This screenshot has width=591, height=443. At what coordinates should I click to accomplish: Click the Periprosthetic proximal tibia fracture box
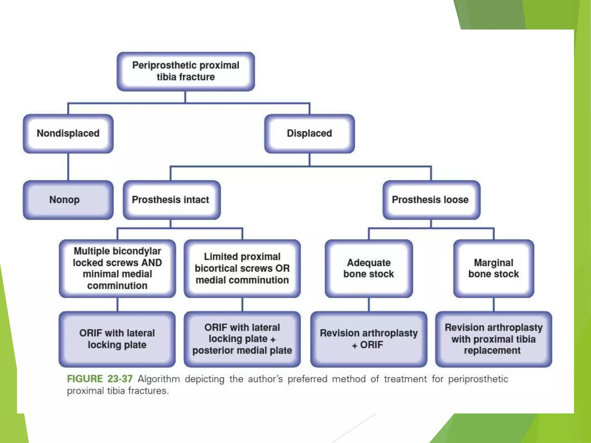point(186,71)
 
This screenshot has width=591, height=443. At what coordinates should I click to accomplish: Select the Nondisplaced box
point(68,133)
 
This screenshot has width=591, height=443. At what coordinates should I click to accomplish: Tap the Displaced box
point(309,133)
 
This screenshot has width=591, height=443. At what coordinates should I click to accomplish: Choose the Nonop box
point(68,200)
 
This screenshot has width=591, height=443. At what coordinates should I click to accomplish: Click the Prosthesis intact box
point(171,200)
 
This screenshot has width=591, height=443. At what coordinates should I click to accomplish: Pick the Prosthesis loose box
point(431,200)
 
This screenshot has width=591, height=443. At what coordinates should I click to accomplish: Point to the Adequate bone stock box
point(369,268)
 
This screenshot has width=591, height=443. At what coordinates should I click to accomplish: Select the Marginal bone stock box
point(493,268)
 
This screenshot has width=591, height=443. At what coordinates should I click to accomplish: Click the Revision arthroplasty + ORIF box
point(369,339)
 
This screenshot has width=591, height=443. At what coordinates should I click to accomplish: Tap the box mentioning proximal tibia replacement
point(493,339)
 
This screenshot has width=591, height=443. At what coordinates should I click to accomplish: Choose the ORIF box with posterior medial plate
point(242,339)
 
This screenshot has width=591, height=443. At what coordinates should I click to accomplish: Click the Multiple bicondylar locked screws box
point(117,268)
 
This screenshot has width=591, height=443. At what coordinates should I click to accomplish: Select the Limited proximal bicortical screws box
point(242,268)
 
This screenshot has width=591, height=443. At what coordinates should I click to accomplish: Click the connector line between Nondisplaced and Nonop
point(68,167)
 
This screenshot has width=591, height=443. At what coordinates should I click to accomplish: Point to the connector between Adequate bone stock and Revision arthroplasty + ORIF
point(369,304)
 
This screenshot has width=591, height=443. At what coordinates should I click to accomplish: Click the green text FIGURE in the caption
point(85,379)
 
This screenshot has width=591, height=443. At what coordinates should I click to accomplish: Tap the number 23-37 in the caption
point(120,379)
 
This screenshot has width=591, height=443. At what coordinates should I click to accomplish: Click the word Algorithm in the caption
point(159,379)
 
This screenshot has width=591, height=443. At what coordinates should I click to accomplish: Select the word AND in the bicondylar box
point(152,263)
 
